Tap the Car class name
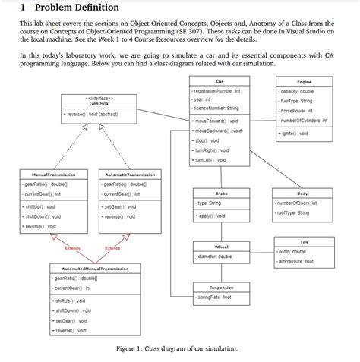[x=219, y=81]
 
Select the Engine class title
[x=304, y=81]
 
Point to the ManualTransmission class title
[x=47, y=175]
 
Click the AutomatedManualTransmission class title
[x=88, y=269]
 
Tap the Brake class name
[x=222, y=194]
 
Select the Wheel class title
[x=222, y=247]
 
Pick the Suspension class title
[x=221, y=288]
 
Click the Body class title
[x=302, y=194]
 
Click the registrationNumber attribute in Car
[x=217, y=90]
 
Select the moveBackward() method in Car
[x=218, y=131]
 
